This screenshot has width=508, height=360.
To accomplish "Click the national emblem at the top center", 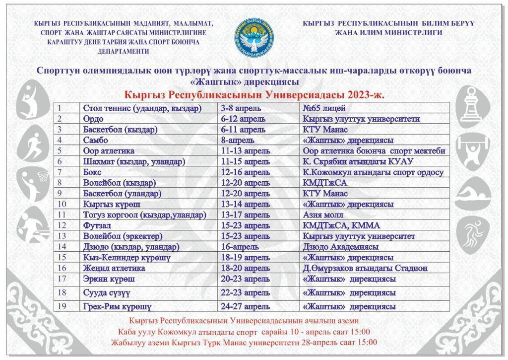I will coord(254,37).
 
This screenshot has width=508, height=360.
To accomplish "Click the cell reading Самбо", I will coord(96,140).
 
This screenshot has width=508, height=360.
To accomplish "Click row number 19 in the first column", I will coord(62,306).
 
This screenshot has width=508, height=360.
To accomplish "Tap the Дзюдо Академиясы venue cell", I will coord(340,247).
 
